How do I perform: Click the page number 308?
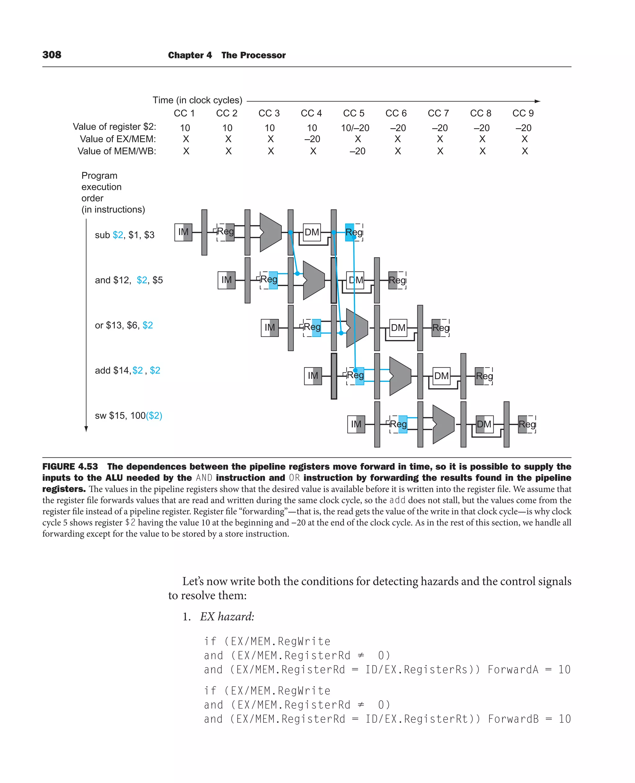(52, 55)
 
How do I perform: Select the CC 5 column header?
(353, 113)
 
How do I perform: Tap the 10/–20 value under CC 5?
(355, 128)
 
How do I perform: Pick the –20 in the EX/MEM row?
(312, 139)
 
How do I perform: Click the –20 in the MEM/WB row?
(357, 151)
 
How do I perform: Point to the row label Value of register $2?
(114, 126)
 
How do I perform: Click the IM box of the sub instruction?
(183, 232)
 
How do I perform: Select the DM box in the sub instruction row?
(312, 232)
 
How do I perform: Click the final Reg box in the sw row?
(527, 424)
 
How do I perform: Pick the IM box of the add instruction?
(313, 376)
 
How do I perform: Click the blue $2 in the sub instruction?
(118, 235)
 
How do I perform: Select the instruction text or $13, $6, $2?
(124, 325)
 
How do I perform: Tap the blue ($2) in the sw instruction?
(154, 415)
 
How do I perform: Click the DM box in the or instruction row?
(398, 328)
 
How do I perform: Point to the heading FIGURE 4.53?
(70, 467)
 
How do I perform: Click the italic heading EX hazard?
(227, 617)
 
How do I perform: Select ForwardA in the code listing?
(513, 670)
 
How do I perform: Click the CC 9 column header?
(523, 113)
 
